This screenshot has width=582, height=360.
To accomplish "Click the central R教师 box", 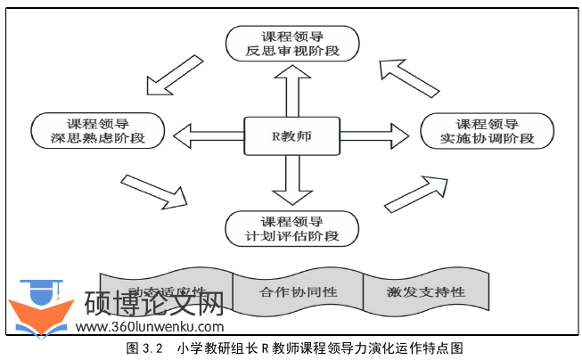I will coord(291,137).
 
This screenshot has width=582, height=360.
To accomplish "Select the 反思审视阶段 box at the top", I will coord(291,42).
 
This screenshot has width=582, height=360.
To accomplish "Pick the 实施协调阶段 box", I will coord(487,131).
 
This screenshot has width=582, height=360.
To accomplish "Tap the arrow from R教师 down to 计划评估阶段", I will coord(291,183).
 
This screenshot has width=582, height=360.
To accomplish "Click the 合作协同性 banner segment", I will coord(297,291).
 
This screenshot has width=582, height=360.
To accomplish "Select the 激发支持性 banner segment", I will coord(425,291).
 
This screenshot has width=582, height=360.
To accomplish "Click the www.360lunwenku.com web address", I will coord(149,329).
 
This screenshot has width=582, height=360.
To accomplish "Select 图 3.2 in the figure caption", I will coord(144,348).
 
